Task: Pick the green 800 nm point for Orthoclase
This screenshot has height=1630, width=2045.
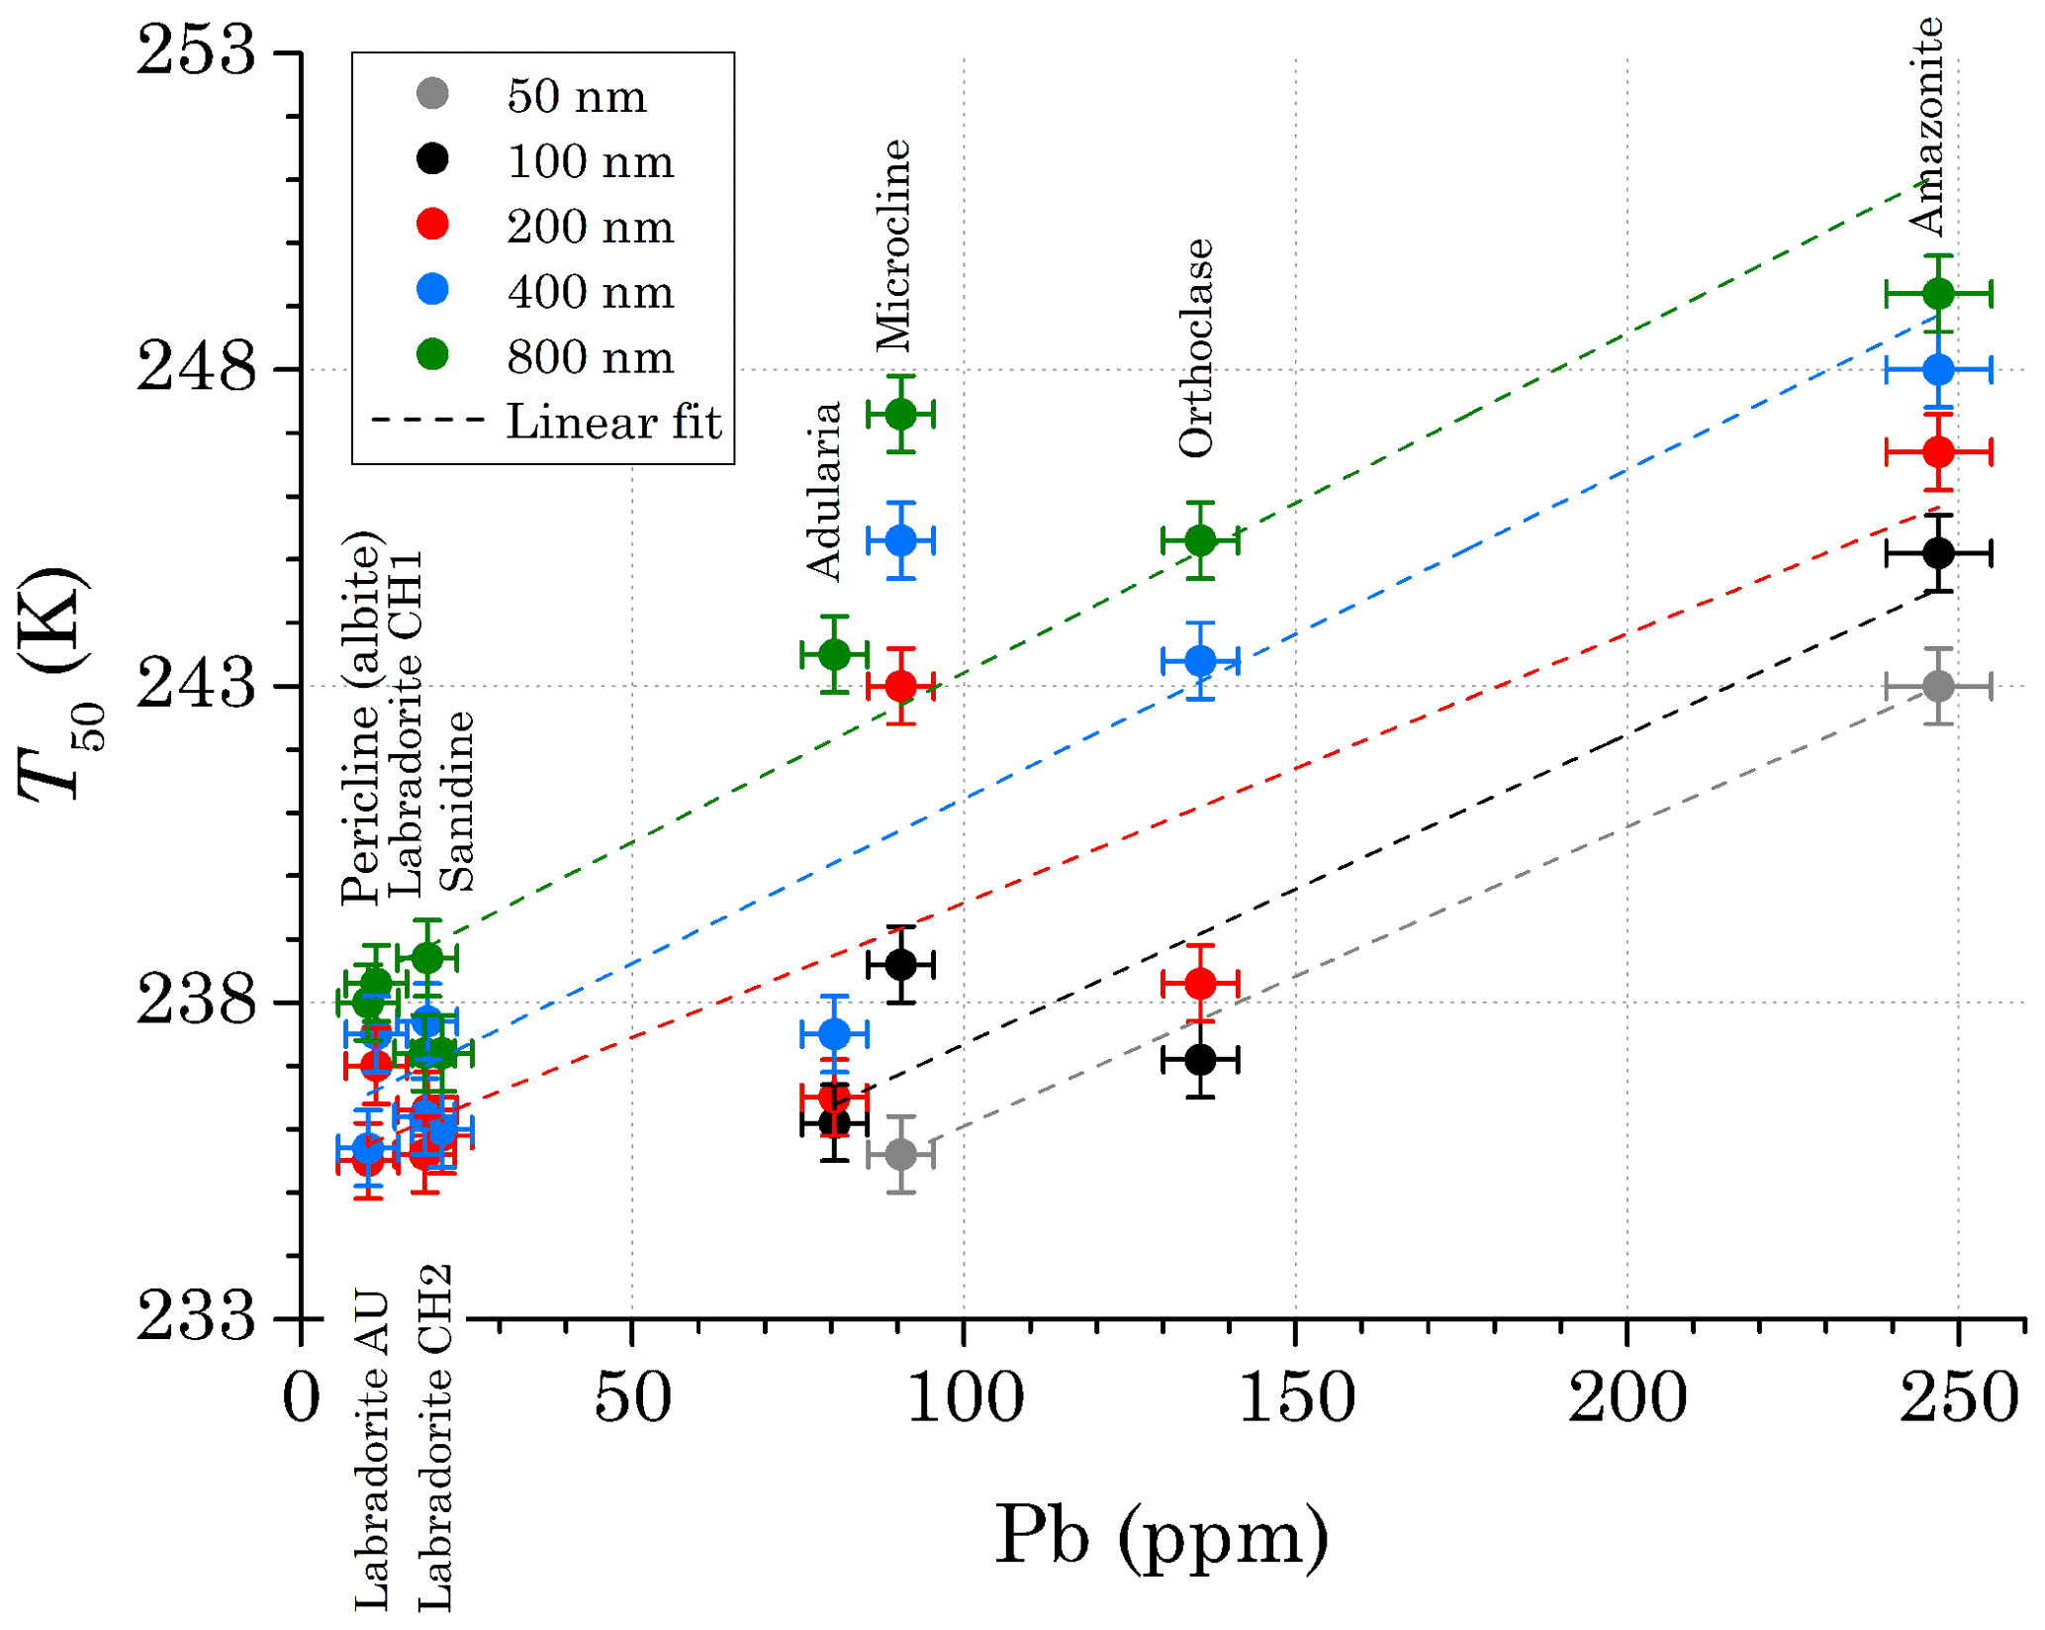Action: pos(1199,540)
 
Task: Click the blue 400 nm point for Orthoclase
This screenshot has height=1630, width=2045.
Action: pos(1199,660)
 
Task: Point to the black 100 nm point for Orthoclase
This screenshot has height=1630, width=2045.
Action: pos(1199,1060)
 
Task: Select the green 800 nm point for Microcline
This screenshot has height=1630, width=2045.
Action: pos(899,414)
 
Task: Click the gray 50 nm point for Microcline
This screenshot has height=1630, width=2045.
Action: pos(899,1154)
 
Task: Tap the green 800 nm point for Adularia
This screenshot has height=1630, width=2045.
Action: pos(835,654)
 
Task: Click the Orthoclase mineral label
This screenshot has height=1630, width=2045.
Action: pos(1196,348)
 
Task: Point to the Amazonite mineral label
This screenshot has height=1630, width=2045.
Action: pos(1925,127)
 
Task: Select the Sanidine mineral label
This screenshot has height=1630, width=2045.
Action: pos(456,802)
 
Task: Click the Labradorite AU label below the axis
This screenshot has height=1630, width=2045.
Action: pos(372,1450)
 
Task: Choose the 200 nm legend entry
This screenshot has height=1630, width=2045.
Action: pos(590,227)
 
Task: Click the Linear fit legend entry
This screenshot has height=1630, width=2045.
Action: pos(613,423)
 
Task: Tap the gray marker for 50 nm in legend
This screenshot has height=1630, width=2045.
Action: pos(432,95)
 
